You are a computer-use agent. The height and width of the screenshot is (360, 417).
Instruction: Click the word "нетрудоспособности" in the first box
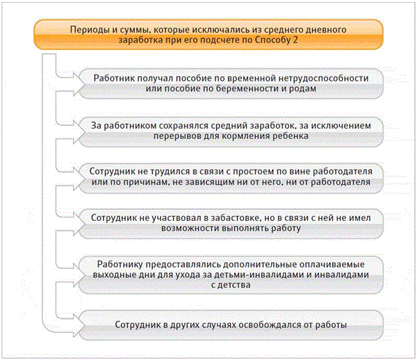pos(322,78)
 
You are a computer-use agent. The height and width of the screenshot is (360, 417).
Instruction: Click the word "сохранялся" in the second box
pos(174,125)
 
